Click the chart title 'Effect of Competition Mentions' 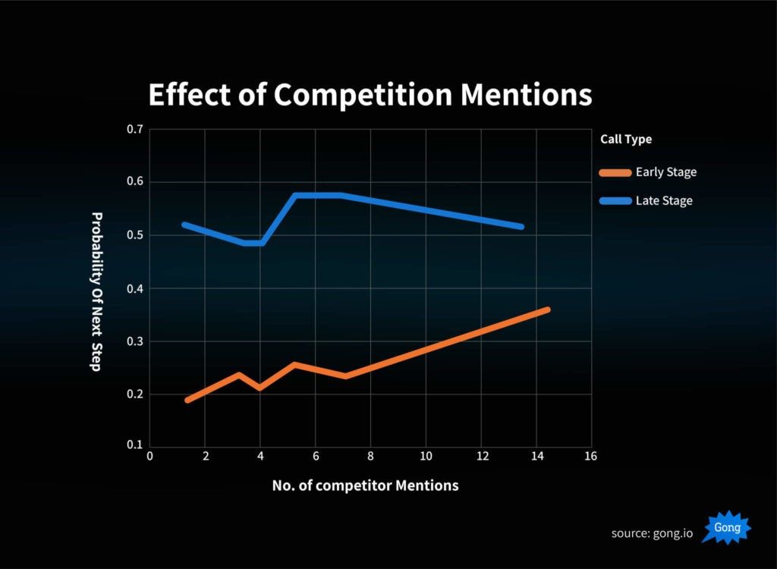370,96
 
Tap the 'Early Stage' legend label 665,172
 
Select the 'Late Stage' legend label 664,201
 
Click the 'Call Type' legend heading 626,140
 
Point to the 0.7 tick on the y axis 135,130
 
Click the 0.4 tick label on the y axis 135,289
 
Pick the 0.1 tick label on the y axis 135,445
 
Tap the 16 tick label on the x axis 590,457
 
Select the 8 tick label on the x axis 370,457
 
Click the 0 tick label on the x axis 149,457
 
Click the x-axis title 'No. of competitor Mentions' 365,486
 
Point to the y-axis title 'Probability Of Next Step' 96,291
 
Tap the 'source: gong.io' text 652,533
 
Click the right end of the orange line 546,310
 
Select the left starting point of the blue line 184,225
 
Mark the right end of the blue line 521,226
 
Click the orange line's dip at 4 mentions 260,388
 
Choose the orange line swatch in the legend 615,172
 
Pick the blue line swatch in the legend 615,201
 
